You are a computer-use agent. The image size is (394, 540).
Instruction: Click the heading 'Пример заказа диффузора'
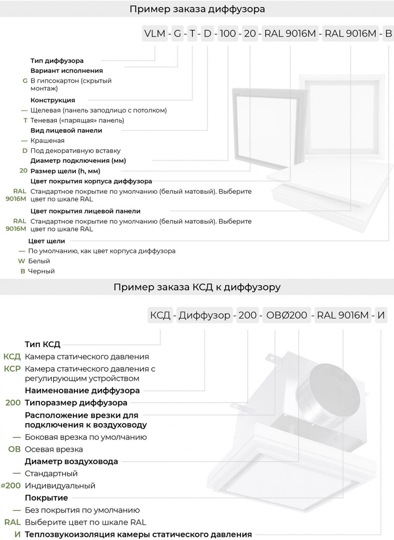[x=197, y=9]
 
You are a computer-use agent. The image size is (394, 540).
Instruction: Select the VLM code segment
[x=155, y=34]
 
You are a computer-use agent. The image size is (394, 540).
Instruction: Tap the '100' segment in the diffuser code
[x=228, y=34]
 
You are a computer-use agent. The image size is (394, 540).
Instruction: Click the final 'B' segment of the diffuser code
[x=388, y=34]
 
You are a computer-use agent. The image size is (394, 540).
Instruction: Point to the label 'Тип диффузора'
[x=57, y=61]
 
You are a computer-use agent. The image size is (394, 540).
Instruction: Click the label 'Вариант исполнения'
[x=66, y=71]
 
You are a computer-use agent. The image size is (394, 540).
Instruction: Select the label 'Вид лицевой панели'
[x=66, y=131]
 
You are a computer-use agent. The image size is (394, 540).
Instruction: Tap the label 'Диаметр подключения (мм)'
[x=78, y=161]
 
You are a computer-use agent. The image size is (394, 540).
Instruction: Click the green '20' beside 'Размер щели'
[x=23, y=171]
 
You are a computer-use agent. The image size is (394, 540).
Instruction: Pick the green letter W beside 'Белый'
[x=21, y=261]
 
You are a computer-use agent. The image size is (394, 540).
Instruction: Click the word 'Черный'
[x=41, y=271]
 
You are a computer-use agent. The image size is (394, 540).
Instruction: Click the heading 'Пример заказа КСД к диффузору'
[x=197, y=287]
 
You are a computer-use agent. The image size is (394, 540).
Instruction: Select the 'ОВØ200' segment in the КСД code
[x=286, y=315]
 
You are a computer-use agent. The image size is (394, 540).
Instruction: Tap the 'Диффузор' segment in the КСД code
[x=204, y=315]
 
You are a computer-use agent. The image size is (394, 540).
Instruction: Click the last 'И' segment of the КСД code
[x=381, y=315]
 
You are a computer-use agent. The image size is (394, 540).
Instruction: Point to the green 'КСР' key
[x=12, y=369]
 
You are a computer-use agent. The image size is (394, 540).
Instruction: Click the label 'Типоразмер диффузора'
[x=76, y=403]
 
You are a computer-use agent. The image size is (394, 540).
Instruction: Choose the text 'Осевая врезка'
[x=54, y=449]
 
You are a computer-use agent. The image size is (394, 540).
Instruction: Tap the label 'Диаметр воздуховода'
[x=71, y=461]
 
